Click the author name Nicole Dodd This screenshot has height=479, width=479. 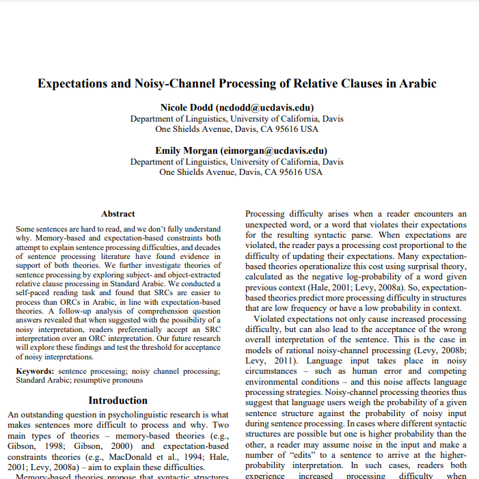coord(187,108)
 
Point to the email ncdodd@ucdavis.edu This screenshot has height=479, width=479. coord(264,108)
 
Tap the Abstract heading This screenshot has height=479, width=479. coord(118,214)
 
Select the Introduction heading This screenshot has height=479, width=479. coord(118,400)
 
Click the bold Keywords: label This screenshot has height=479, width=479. coord(36,371)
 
